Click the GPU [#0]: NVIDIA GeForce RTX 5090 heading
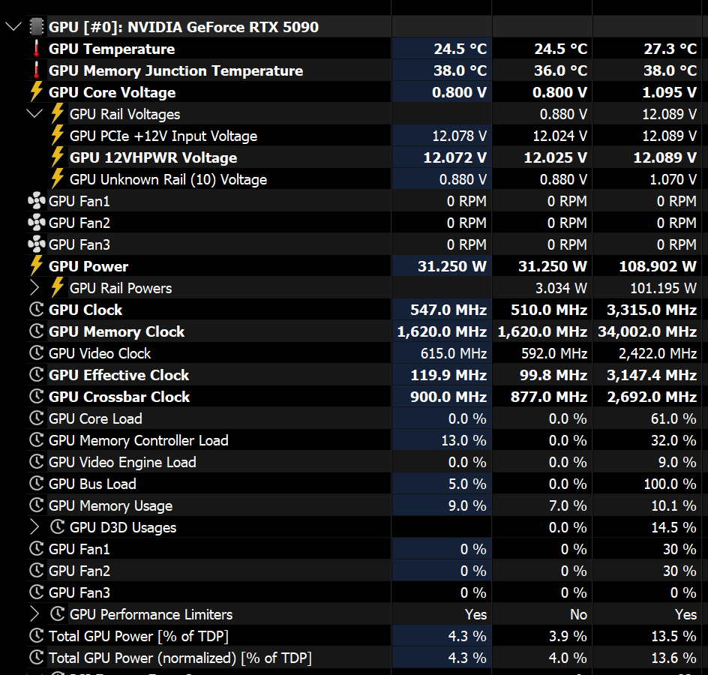tap(184, 28)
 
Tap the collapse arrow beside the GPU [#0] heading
tap(13, 28)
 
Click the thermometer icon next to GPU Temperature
tap(35, 49)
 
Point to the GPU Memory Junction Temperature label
tap(175, 71)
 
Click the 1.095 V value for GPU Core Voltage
tap(670, 93)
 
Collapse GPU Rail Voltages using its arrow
tap(34, 115)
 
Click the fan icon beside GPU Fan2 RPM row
tap(35, 223)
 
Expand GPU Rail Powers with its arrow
tap(34, 289)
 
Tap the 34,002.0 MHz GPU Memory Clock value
tap(647, 332)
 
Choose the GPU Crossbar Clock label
tap(118, 397)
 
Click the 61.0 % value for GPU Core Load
tap(674, 419)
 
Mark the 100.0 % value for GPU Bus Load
tap(670, 484)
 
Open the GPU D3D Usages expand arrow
tap(34, 528)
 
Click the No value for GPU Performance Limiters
tap(578, 615)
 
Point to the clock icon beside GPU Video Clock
tap(35, 354)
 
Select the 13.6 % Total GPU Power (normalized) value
tap(674, 658)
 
